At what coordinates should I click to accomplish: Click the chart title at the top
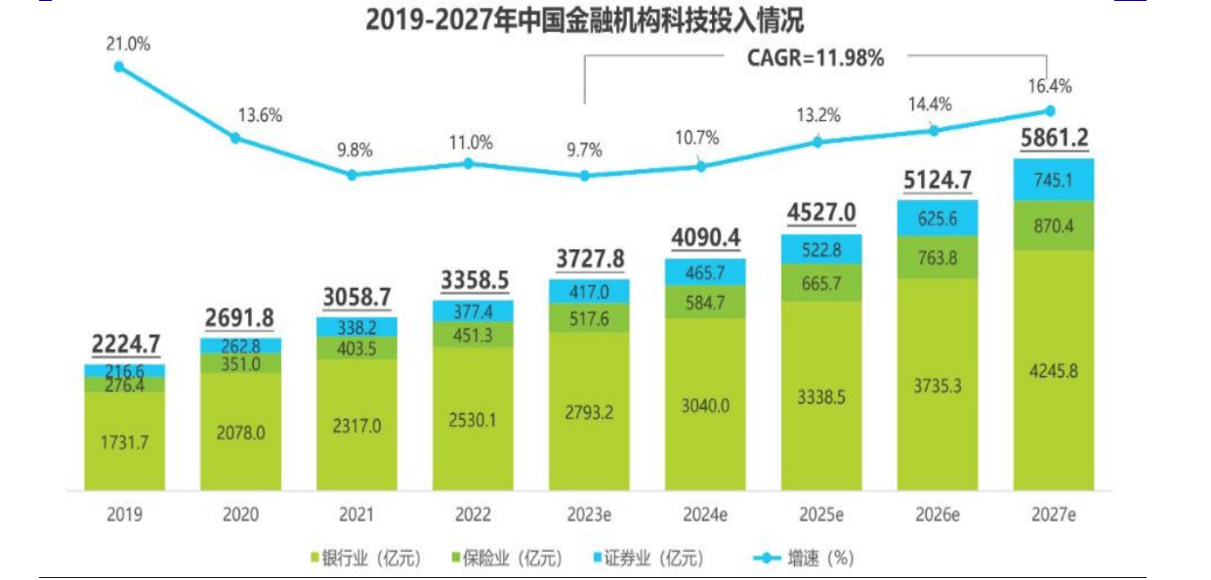click(585, 20)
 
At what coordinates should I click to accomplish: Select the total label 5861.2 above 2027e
click(1054, 140)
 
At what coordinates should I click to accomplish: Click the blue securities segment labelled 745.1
click(1054, 180)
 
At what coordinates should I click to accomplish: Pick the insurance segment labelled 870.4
click(1054, 227)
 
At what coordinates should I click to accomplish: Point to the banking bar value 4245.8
click(1054, 371)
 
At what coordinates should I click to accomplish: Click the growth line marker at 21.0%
click(119, 67)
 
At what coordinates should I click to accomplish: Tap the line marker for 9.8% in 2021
click(353, 175)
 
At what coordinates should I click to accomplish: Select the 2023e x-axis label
click(585, 515)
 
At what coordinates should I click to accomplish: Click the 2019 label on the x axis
click(124, 515)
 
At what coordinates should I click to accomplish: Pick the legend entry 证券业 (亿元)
click(647, 558)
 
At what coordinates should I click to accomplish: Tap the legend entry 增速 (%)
click(805, 558)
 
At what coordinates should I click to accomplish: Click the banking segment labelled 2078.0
click(240, 432)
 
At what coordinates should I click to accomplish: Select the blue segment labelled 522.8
click(821, 249)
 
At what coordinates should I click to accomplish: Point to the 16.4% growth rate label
click(1051, 86)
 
